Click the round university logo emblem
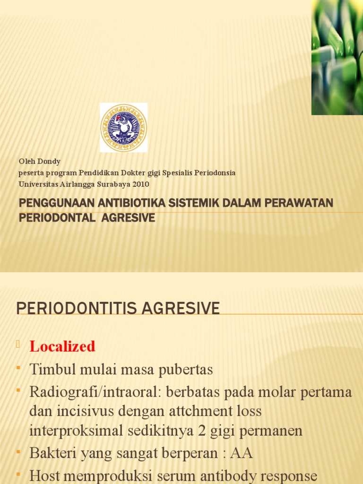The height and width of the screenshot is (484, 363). (123, 128)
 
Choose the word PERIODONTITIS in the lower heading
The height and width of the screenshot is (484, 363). (71, 309)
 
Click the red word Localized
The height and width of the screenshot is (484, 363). (62, 346)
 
